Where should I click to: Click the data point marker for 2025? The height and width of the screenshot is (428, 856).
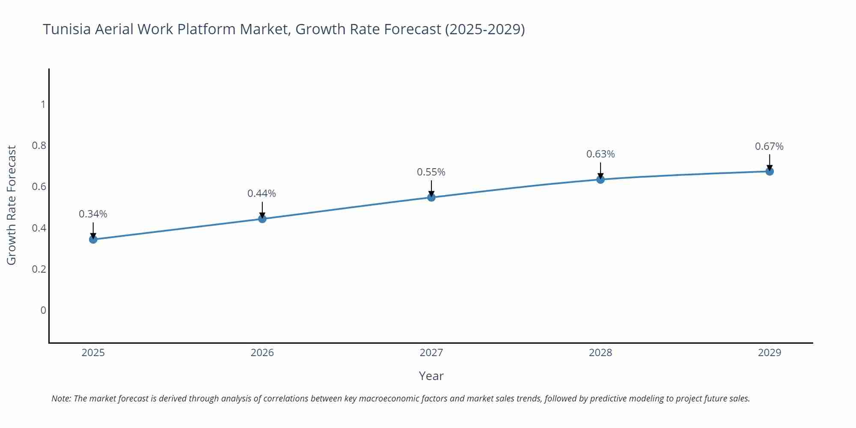(x=93, y=239)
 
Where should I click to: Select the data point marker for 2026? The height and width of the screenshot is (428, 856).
(x=262, y=219)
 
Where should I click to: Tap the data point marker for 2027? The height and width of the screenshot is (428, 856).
(x=431, y=197)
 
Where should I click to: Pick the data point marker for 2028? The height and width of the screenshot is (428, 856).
(x=600, y=179)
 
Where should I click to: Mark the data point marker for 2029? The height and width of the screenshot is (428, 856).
(x=770, y=172)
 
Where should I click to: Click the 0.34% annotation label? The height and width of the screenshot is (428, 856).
(x=93, y=214)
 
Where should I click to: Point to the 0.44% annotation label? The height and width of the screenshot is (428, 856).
(x=262, y=193)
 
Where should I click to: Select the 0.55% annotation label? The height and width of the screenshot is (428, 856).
(x=431, y=172)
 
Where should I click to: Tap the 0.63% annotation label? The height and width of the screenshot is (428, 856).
(x=600, y=154)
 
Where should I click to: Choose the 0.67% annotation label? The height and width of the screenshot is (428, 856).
(x=769, y=146)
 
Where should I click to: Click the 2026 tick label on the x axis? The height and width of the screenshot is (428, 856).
(x=262, y=353)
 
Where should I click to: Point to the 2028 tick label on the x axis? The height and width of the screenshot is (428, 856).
(x=600, y=353)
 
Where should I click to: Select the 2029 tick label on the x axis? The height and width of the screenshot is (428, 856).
(x=770, y=353)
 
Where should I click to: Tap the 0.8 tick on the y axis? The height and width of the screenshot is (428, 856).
(x=39, y=146)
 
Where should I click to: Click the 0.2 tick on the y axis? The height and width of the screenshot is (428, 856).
(x=39, y=269)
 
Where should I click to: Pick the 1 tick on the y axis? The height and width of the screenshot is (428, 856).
(x=43, y=104)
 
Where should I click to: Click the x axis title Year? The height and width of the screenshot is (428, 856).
(x=431, y=376)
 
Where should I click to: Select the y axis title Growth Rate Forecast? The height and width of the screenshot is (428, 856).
(x=12, y=205)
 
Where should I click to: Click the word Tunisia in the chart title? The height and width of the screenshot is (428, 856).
(x=67, y=29)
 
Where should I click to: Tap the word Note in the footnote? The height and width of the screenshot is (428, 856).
(x=61, y=398)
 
